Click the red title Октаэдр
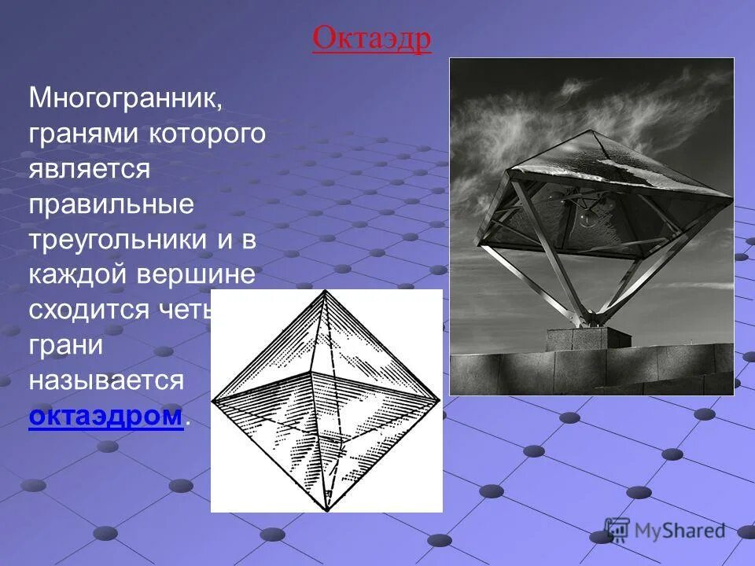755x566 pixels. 371,39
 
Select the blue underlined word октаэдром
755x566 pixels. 105,416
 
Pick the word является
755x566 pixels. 89,169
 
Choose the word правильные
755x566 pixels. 111,204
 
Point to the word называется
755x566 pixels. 106,380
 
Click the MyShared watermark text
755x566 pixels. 679,531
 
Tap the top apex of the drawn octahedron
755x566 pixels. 324,291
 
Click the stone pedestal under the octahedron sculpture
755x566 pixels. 587,337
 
